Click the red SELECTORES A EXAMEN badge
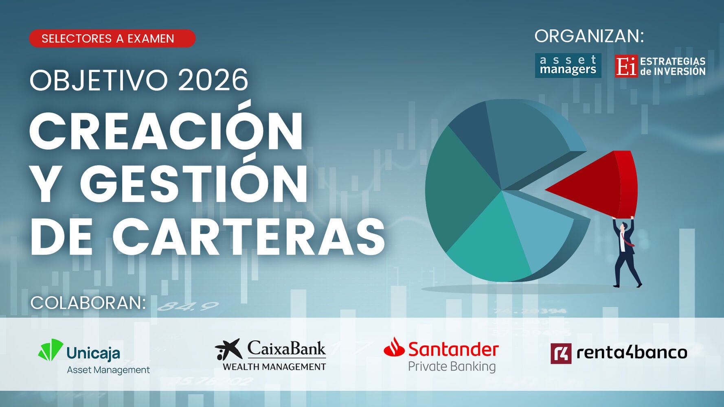112,38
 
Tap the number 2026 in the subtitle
213,80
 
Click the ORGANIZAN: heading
589,36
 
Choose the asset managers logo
568,66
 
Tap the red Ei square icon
626,66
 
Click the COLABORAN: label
88,303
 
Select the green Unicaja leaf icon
51,350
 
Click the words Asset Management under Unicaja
108,370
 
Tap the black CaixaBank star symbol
228,349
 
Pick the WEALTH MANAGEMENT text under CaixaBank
274,367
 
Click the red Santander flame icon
394,348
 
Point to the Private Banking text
452,366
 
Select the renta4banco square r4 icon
561,353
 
